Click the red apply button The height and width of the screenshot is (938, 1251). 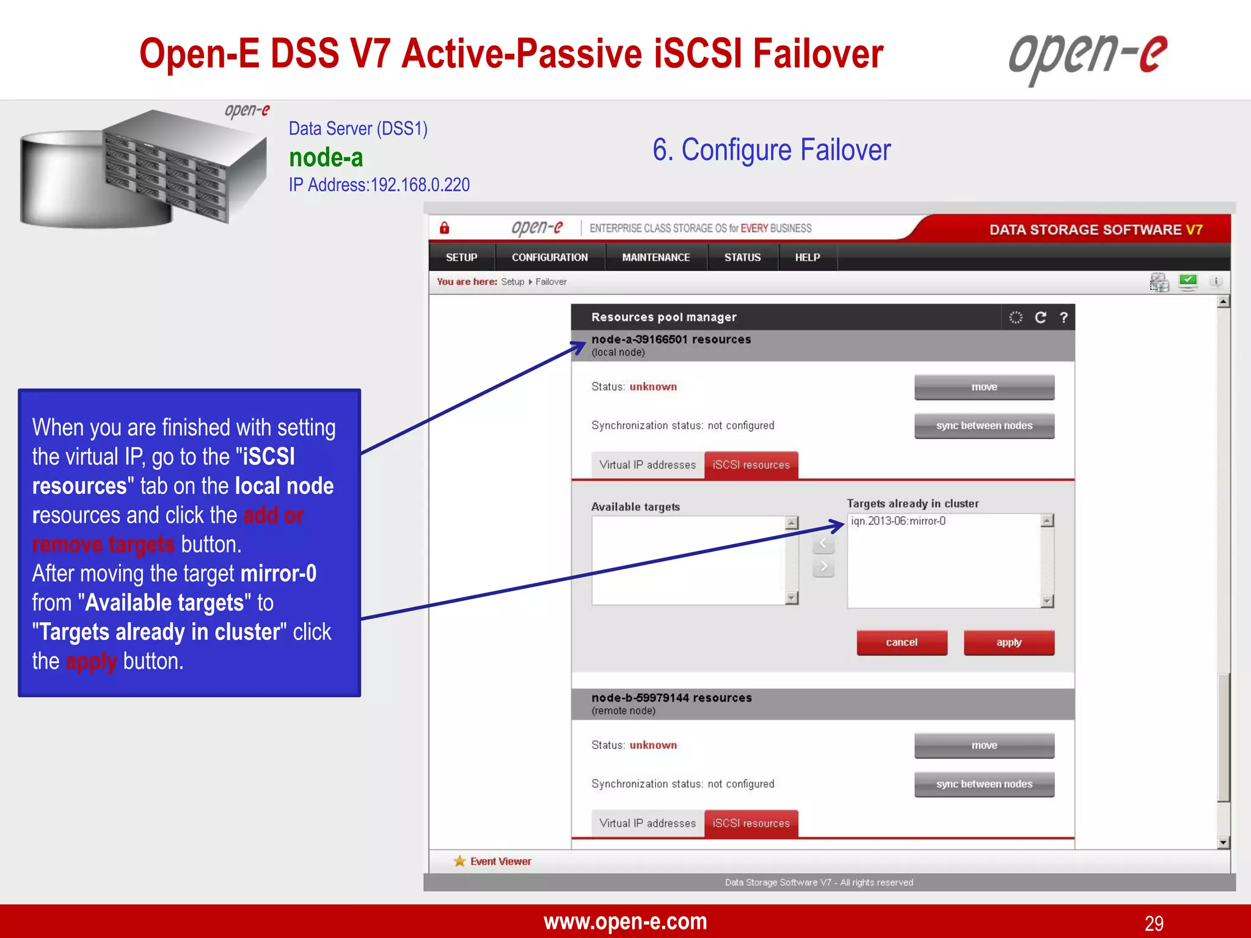pos(1008,642)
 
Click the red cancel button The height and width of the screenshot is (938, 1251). pos(902,642)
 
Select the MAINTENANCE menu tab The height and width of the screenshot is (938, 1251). pos(655,258)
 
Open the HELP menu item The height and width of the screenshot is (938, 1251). pos(807,258)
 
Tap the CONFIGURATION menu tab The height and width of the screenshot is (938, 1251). pos(550,258)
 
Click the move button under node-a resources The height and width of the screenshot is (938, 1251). pos(983,387)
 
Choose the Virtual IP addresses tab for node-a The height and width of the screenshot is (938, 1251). pos(647,465)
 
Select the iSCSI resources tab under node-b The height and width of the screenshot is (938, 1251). pos(751,824)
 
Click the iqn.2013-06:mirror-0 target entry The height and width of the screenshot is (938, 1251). pos(898,522)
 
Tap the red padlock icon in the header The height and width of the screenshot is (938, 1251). pos(445,228)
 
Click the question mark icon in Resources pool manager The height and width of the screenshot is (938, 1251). pos(1063,318)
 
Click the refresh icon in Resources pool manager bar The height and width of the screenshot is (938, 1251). pos(1040,318)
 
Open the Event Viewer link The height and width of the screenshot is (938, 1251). pos(500,862)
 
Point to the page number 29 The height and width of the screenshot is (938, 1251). pos(1153,923)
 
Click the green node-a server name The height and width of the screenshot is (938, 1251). pos(326,158)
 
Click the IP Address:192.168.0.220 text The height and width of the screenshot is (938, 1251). pos(379,185)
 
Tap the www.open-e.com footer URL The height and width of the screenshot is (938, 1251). pos(625,922)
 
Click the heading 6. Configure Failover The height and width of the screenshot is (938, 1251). pos(771,150)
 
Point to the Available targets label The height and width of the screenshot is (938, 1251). pos(635,507)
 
